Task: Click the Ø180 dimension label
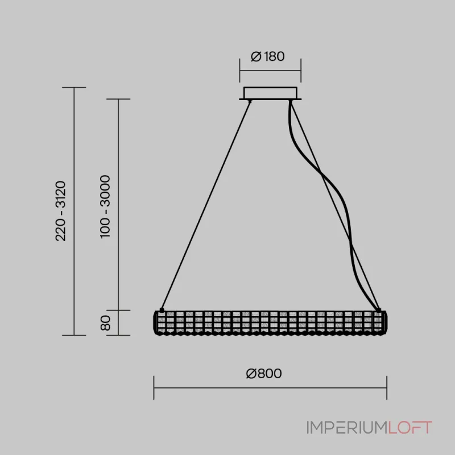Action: click(x=267, y=56)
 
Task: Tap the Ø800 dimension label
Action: click(x=264, y=374)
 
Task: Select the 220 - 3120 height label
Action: click(x=61, y=211)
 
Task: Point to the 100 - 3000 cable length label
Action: click(x=105, y=207)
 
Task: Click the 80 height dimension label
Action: click(x=105, y=323)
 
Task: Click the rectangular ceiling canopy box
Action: click(x=270, y=93)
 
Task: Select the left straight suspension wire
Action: click(x=206, y=205)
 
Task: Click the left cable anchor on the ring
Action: click(x=162, y=311)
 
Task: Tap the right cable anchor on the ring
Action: click(x=378, y=311)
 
